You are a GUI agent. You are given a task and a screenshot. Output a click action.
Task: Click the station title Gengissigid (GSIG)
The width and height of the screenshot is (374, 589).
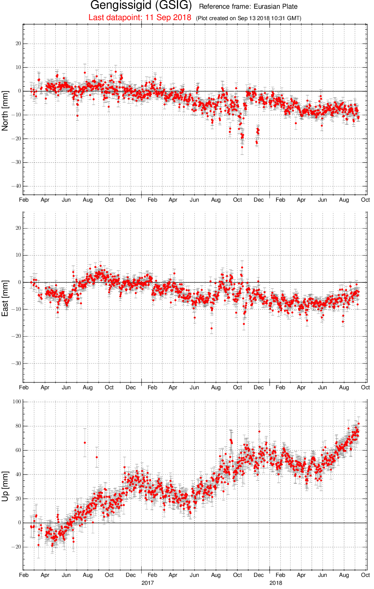click(x=141, y=5)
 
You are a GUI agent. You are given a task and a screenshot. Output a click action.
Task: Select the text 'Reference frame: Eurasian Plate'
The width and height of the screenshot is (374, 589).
click(x=248, y=6)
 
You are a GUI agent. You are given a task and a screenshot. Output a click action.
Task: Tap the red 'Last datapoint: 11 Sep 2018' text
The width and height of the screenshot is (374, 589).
click(x=140, y=17)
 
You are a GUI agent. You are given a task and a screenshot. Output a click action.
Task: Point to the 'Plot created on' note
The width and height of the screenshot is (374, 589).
click(x=248, y=18)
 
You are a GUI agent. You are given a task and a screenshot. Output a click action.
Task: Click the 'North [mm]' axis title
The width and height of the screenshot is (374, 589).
click(x=5, y=111)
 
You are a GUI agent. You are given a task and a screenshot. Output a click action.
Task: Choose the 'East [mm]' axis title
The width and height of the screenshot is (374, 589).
click(x=5, y=298)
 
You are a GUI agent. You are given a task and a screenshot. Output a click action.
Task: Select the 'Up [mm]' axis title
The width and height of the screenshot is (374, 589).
click(x=5, y=486)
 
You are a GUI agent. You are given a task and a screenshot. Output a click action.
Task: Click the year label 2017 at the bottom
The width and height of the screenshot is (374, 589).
click(x=147, y=583)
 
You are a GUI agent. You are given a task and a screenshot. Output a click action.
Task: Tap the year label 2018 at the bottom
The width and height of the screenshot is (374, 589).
click(x=276, y=583)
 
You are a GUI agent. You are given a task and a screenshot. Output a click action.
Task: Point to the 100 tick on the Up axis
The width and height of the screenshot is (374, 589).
click(x=17, y=401)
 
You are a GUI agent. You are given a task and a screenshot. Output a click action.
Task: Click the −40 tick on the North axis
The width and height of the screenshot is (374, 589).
click(x=16, y=186)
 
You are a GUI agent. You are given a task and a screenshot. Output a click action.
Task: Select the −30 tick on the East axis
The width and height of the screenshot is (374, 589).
click(x=16, y=363)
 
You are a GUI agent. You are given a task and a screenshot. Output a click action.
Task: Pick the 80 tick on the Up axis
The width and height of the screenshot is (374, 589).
click(x=18, y=426)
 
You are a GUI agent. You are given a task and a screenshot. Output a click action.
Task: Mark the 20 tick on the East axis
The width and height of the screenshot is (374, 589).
click(x=18, y=228)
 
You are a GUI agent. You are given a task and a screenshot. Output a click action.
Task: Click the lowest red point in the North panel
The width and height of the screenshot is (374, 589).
click(x=242, y=147)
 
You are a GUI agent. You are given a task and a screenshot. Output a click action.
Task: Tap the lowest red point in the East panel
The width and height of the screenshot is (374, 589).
click(x=211, y=328)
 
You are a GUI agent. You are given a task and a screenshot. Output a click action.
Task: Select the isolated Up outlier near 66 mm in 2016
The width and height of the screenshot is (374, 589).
click(x=85, y=443)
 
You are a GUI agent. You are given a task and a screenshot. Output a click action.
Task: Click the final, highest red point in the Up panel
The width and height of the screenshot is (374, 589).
click(x=358, y=424)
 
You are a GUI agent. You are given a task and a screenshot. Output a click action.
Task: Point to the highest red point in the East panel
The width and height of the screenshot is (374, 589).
click(x=242, y=268)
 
